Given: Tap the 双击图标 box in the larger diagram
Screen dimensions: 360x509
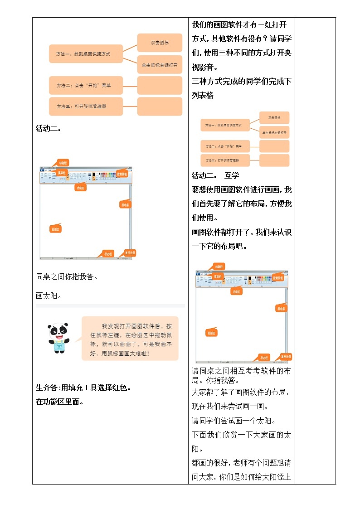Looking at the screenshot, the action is (160, 43).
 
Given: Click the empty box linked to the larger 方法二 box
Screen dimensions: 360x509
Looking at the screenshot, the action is (160, 85).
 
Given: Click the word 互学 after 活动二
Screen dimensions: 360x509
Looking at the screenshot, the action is (231, 175).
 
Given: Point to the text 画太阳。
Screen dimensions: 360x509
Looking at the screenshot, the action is (48, 296).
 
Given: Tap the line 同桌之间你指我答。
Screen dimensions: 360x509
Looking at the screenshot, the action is (67, 276).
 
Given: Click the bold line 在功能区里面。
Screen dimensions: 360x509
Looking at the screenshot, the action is (59, 402).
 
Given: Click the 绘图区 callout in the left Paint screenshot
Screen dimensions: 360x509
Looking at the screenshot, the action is (56, 229).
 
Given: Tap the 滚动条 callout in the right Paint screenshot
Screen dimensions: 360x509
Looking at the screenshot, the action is (281, 309).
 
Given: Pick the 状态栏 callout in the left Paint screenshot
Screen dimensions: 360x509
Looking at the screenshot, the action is (107, 254).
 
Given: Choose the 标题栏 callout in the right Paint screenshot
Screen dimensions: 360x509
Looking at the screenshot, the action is (219, 267).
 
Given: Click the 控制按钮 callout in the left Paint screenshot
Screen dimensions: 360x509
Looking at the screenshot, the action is (122, 174).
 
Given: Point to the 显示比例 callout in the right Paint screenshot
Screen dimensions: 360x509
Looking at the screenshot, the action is (286, 357).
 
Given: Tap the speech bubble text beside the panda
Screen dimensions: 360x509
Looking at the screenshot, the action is (131, 339).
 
